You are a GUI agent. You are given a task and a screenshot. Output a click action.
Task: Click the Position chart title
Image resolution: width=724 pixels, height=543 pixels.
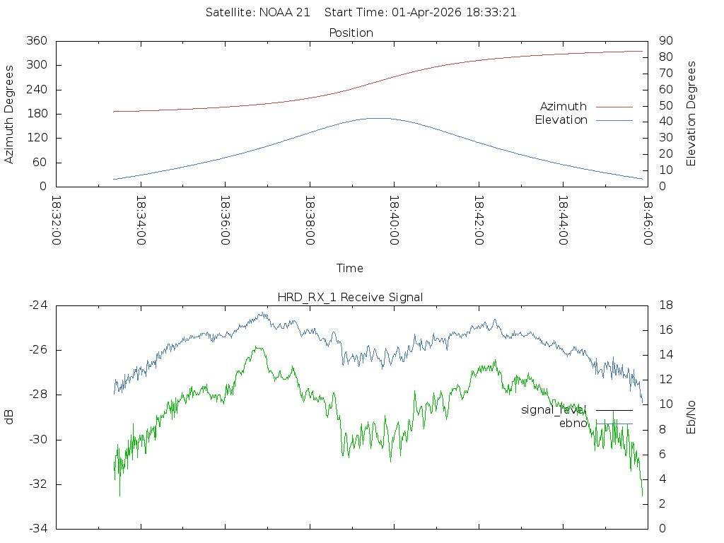coord(351,33)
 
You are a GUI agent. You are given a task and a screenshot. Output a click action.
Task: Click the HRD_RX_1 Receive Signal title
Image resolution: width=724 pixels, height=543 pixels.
coord(351,297)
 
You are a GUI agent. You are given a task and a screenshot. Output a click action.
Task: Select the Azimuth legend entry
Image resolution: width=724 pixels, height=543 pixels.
coord(564,106)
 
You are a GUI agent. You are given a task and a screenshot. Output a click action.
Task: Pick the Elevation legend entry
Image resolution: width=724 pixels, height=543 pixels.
coord(561,120)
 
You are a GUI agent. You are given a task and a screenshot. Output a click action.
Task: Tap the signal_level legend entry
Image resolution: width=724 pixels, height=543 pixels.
coord(554,409)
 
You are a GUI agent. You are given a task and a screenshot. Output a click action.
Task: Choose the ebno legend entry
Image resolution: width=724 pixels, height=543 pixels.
coord(572,424)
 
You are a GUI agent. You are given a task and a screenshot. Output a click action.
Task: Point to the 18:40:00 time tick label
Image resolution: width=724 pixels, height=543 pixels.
coord(393,220)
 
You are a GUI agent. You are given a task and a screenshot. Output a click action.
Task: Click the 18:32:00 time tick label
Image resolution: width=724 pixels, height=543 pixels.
coord(56,220)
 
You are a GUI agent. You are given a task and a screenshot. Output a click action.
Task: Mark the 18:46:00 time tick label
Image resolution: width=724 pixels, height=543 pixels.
coord(646,220)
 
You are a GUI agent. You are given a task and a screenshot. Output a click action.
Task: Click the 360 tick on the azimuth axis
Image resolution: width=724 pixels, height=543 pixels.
coord(37,41)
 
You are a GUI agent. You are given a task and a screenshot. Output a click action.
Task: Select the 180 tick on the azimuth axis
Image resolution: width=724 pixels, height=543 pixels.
coord(37,114)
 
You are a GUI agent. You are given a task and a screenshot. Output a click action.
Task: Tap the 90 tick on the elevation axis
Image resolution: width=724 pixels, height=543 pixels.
coord(665,41)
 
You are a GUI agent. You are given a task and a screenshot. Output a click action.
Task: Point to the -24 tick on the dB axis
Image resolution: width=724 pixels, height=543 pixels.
coord(37,305)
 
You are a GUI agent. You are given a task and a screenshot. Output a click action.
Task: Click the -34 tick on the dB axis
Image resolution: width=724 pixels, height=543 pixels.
coord(37,528)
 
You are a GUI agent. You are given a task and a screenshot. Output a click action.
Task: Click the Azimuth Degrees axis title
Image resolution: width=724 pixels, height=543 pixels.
coord(9,114)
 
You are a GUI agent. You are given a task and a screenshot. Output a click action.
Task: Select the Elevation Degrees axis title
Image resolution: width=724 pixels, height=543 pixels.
coord(691,114)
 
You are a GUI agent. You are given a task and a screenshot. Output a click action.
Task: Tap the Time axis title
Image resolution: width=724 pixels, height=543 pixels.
coord(350,268)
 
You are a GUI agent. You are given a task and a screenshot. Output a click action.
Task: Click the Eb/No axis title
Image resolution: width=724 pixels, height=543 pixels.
coord(691,416)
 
